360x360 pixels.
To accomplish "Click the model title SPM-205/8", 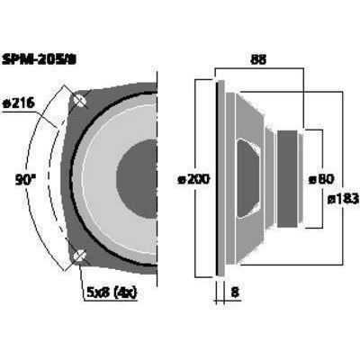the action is pyautogui.click(x=40, y=60).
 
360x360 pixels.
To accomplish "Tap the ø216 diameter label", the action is pyautogui.click(x=19, y=103).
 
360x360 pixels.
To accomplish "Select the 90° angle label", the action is pyautogui.click(x=25, y=180).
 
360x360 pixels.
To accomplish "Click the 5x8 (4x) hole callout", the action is pyautogui.click(x=112, y=292).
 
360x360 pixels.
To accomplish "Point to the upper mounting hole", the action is pyautogui.click(x=79, y=100).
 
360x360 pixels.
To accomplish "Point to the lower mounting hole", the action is pyautogui.click(x=79, y=256).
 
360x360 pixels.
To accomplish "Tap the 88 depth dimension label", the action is pyautogui.click(x=258, y=60).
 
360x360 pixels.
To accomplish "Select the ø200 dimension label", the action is pyautogui.click(x=193, y=180).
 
